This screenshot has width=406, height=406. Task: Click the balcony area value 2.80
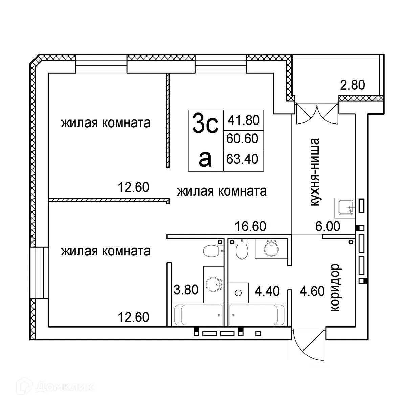(353, 85)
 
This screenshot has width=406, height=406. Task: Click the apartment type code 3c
(204, 123)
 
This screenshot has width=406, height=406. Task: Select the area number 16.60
(250, 226)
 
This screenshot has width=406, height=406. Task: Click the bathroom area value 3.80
(185, 290)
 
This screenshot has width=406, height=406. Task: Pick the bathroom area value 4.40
(267, 291)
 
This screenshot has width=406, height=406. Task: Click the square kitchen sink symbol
(344, 208)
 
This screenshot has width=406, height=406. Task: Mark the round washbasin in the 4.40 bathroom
(271, 249)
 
